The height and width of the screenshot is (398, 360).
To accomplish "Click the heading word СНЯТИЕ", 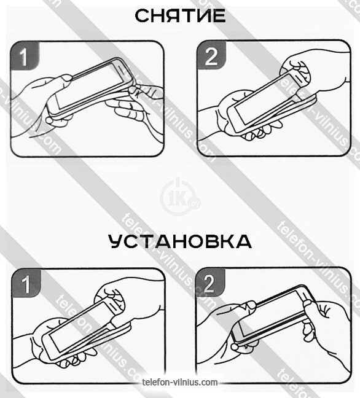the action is [180, 16].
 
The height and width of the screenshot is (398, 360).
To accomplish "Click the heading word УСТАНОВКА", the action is [180, 241].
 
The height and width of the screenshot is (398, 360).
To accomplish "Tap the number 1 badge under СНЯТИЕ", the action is [25, 56].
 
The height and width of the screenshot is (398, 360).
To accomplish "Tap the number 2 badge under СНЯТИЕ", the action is [211, 55].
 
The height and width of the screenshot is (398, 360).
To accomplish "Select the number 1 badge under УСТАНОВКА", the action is [26, 283].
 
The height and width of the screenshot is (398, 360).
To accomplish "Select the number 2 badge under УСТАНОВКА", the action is [211, 283].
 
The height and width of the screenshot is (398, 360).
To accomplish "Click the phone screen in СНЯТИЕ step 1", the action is [89, 85].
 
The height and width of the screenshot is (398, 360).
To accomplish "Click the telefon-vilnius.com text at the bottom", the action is [180, 382].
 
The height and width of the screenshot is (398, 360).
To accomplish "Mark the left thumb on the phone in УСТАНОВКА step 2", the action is [248, 305].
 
